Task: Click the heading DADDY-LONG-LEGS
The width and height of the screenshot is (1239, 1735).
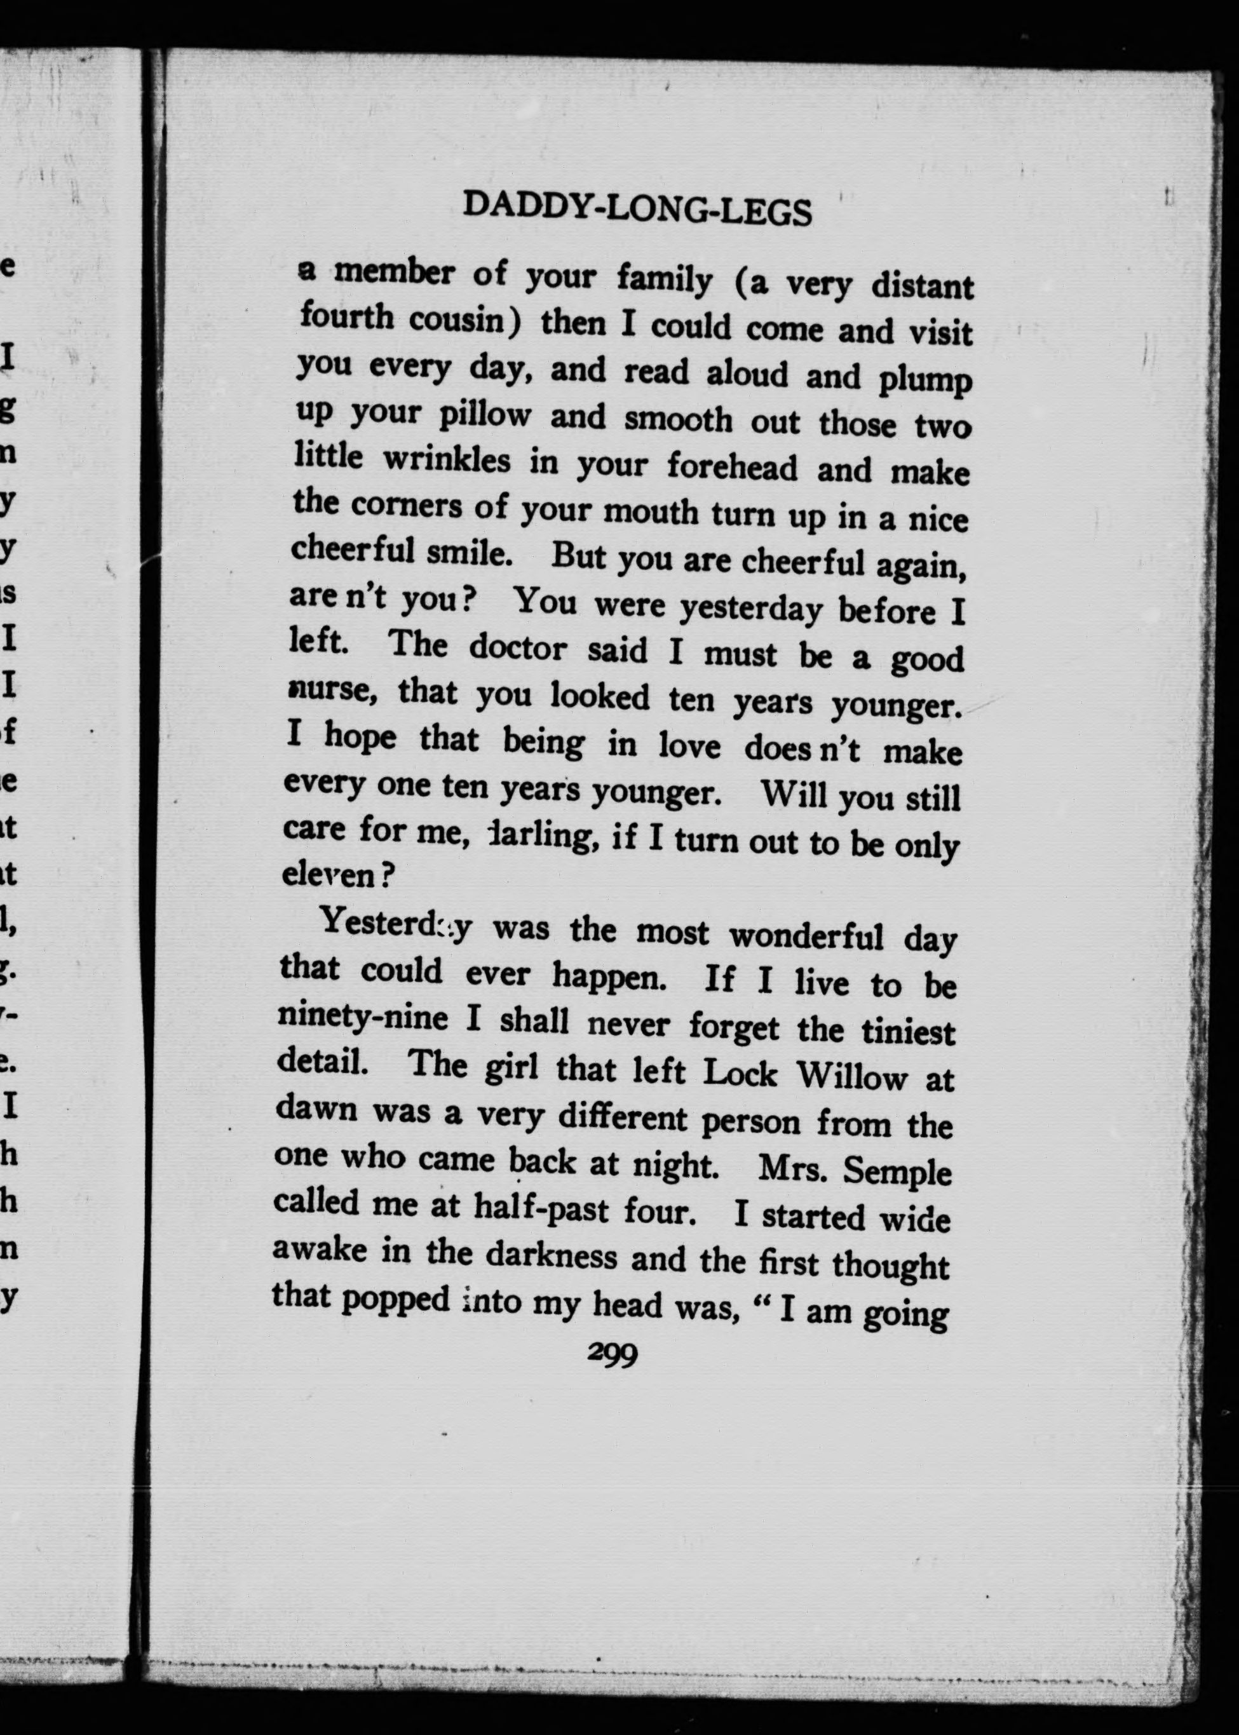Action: (637, 209)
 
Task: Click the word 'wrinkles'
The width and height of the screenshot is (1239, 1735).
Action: (446, 460)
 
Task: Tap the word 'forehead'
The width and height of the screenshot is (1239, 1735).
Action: (732, 467)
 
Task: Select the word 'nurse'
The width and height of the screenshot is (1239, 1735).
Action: (333, 690)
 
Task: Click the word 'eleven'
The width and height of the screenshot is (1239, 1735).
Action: (328, 875)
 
